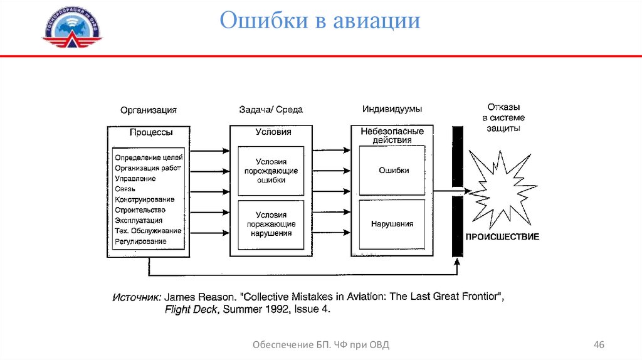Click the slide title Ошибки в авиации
click(x=320, y=20)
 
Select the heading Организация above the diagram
click(x=149, y=110)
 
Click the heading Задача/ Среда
click(x=271, y=110)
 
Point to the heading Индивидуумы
click(x=392, y=109)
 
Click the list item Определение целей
click(x=149, y=157)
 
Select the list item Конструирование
click(x=145, y=199)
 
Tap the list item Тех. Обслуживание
click(x=149, y=231)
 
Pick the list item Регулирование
click(x=141, y=241)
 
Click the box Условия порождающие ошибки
click(x=271, y=171)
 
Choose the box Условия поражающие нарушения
click(x=271, y=224)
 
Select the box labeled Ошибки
click(x=394, y=171)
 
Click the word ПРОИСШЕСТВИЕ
click(x=502, y=237)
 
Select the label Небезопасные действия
click(x=392, y=136)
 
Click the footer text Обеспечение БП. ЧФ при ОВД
click(x=324, y=345)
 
